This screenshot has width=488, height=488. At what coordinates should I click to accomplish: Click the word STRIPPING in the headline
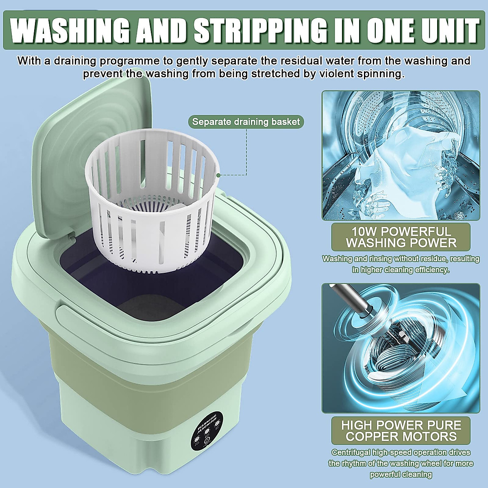click(x=259, y=29)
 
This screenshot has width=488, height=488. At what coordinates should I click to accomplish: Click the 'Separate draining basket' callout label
click(x=246, y=122)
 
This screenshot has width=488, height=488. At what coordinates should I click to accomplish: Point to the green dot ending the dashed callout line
click(x=218, y=175)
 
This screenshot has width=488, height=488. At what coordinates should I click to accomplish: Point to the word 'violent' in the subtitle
click(x=351, y=74)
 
